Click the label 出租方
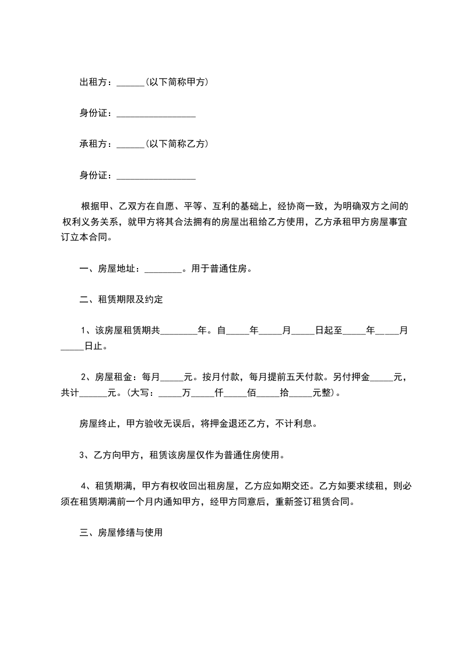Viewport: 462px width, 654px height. [93, 82]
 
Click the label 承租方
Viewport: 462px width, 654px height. [93, 144]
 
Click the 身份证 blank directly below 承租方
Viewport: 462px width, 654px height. [156, 177]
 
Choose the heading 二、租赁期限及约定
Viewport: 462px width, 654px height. [121, 300]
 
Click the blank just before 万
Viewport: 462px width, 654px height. [170, 395]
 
